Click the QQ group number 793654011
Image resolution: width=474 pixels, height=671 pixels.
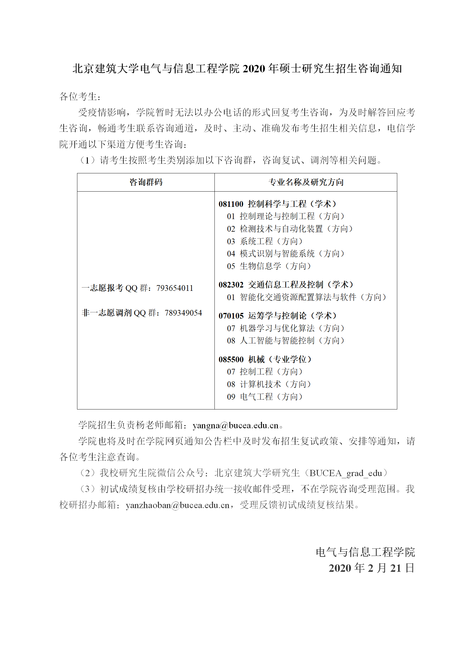(x=175, y=288)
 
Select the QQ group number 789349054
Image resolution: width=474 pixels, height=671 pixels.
(x=183, y=313)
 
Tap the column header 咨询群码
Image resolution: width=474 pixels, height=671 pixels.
(x=146, y=182)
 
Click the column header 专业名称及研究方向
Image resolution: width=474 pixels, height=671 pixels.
(x=306, y=182)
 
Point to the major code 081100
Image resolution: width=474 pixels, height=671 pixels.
(x=231, y=204)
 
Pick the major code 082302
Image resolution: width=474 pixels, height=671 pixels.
(x=231, y=285)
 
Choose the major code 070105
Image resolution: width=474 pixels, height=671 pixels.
(x=231, y=316)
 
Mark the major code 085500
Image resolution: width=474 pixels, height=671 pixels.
(x=231, y=360)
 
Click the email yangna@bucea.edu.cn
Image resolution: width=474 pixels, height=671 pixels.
(x=235, y=425)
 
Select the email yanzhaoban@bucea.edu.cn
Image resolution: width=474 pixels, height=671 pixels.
(x=178, y=505)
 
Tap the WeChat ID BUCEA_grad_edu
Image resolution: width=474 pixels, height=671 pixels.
(x=346, y=473)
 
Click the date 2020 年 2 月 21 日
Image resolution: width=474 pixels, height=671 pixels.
(x=372, y=568)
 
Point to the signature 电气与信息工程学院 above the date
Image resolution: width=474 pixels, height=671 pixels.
(x=365, y=552)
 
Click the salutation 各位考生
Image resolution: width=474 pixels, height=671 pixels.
(x=78, y=97)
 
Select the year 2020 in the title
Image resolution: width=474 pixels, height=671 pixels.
(x=254, y=69)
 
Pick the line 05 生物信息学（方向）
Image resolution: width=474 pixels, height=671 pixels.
(x=269, y=266)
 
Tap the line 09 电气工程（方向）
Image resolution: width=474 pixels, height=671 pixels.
(x=265, y=397)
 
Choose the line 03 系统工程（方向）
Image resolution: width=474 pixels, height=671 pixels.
(x=265, y=241)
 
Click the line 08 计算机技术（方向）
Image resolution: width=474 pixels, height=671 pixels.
(x=269, y=384)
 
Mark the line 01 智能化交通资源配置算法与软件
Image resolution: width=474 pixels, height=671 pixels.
(x=306, y=297)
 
